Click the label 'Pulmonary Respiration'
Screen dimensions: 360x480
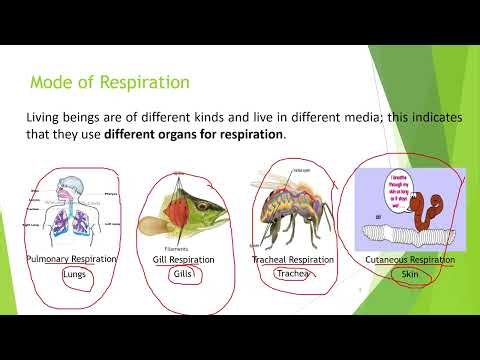(x=72, y=259)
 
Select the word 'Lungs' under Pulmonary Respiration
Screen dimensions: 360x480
(x=72, y=273)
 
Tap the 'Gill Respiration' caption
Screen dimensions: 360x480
(x=184, y=259)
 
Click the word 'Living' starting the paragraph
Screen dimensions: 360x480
(x=44, y=118)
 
